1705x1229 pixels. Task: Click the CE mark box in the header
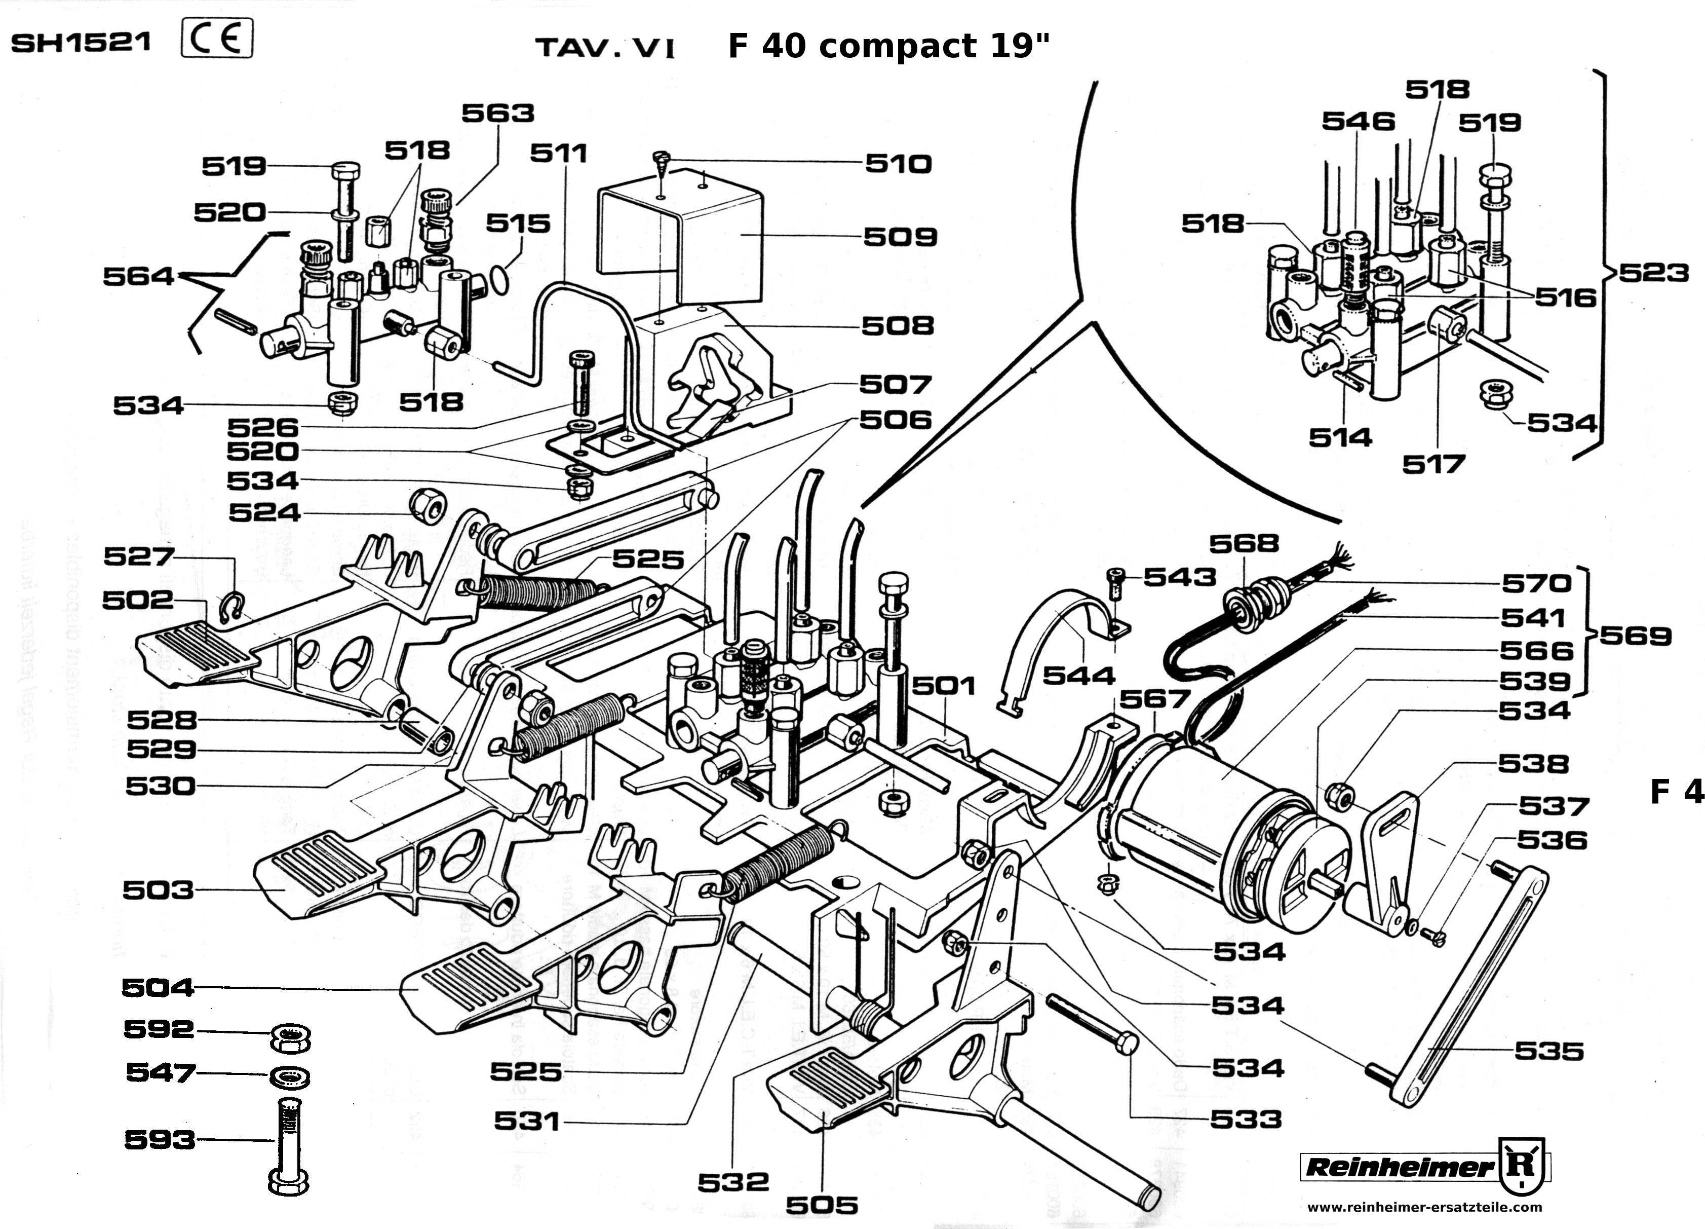pos(217,39)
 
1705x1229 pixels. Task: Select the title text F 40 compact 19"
pos(888,47)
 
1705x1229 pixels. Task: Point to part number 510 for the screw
pos(899,164)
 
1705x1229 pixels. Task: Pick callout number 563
pos(497,114)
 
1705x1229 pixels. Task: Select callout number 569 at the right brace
pos(1635,637)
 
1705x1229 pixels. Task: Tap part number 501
pos(944,686)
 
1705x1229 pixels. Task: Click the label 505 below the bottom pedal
pos(822,1206)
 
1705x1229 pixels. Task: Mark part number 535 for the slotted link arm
pos(1548,1051)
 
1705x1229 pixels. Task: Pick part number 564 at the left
pos(138,277)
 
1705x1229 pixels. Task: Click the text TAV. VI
pos(605,49)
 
